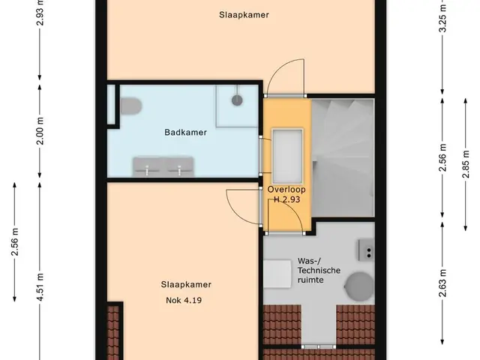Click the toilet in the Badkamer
click(x=130, y=106)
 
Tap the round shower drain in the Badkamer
click(x=237, y=100)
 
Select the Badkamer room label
click(x=185, y=132)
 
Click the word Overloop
click(x=286, y=190)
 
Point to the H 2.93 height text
click(x=286, y=199)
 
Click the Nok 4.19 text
click(x=184, y=300)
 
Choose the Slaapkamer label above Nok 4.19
click(x=186, y=285)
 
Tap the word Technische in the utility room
click(x=319, y=271)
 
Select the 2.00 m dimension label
click(x=40, y=130)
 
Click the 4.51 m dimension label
click(x=40, y=287)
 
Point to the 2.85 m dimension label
click(x=466, y=164)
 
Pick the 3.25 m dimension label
click(x=442, y=18)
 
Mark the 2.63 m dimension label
click(x=442, y=283)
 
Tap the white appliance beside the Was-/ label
click(x=277, y=274)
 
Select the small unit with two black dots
click(x=367, y=250)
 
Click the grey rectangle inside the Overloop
click(x=287, y=156)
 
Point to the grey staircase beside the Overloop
click(x=343, y=158)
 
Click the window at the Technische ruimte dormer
click(x=318, y=346)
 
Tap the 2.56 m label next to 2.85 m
click(x=442, y=157)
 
